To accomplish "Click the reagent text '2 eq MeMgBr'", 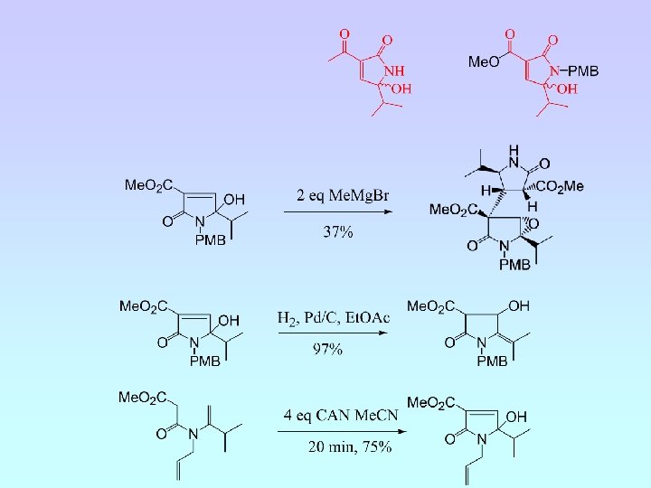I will pos(335,195).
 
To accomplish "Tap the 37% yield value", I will pos(337,232).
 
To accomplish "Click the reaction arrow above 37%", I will pos(336,213).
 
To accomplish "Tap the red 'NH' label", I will pos(394,70).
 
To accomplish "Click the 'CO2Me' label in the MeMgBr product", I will pos(561,186).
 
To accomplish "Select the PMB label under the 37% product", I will pos(514,265).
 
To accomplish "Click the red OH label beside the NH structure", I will pos(401,89).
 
